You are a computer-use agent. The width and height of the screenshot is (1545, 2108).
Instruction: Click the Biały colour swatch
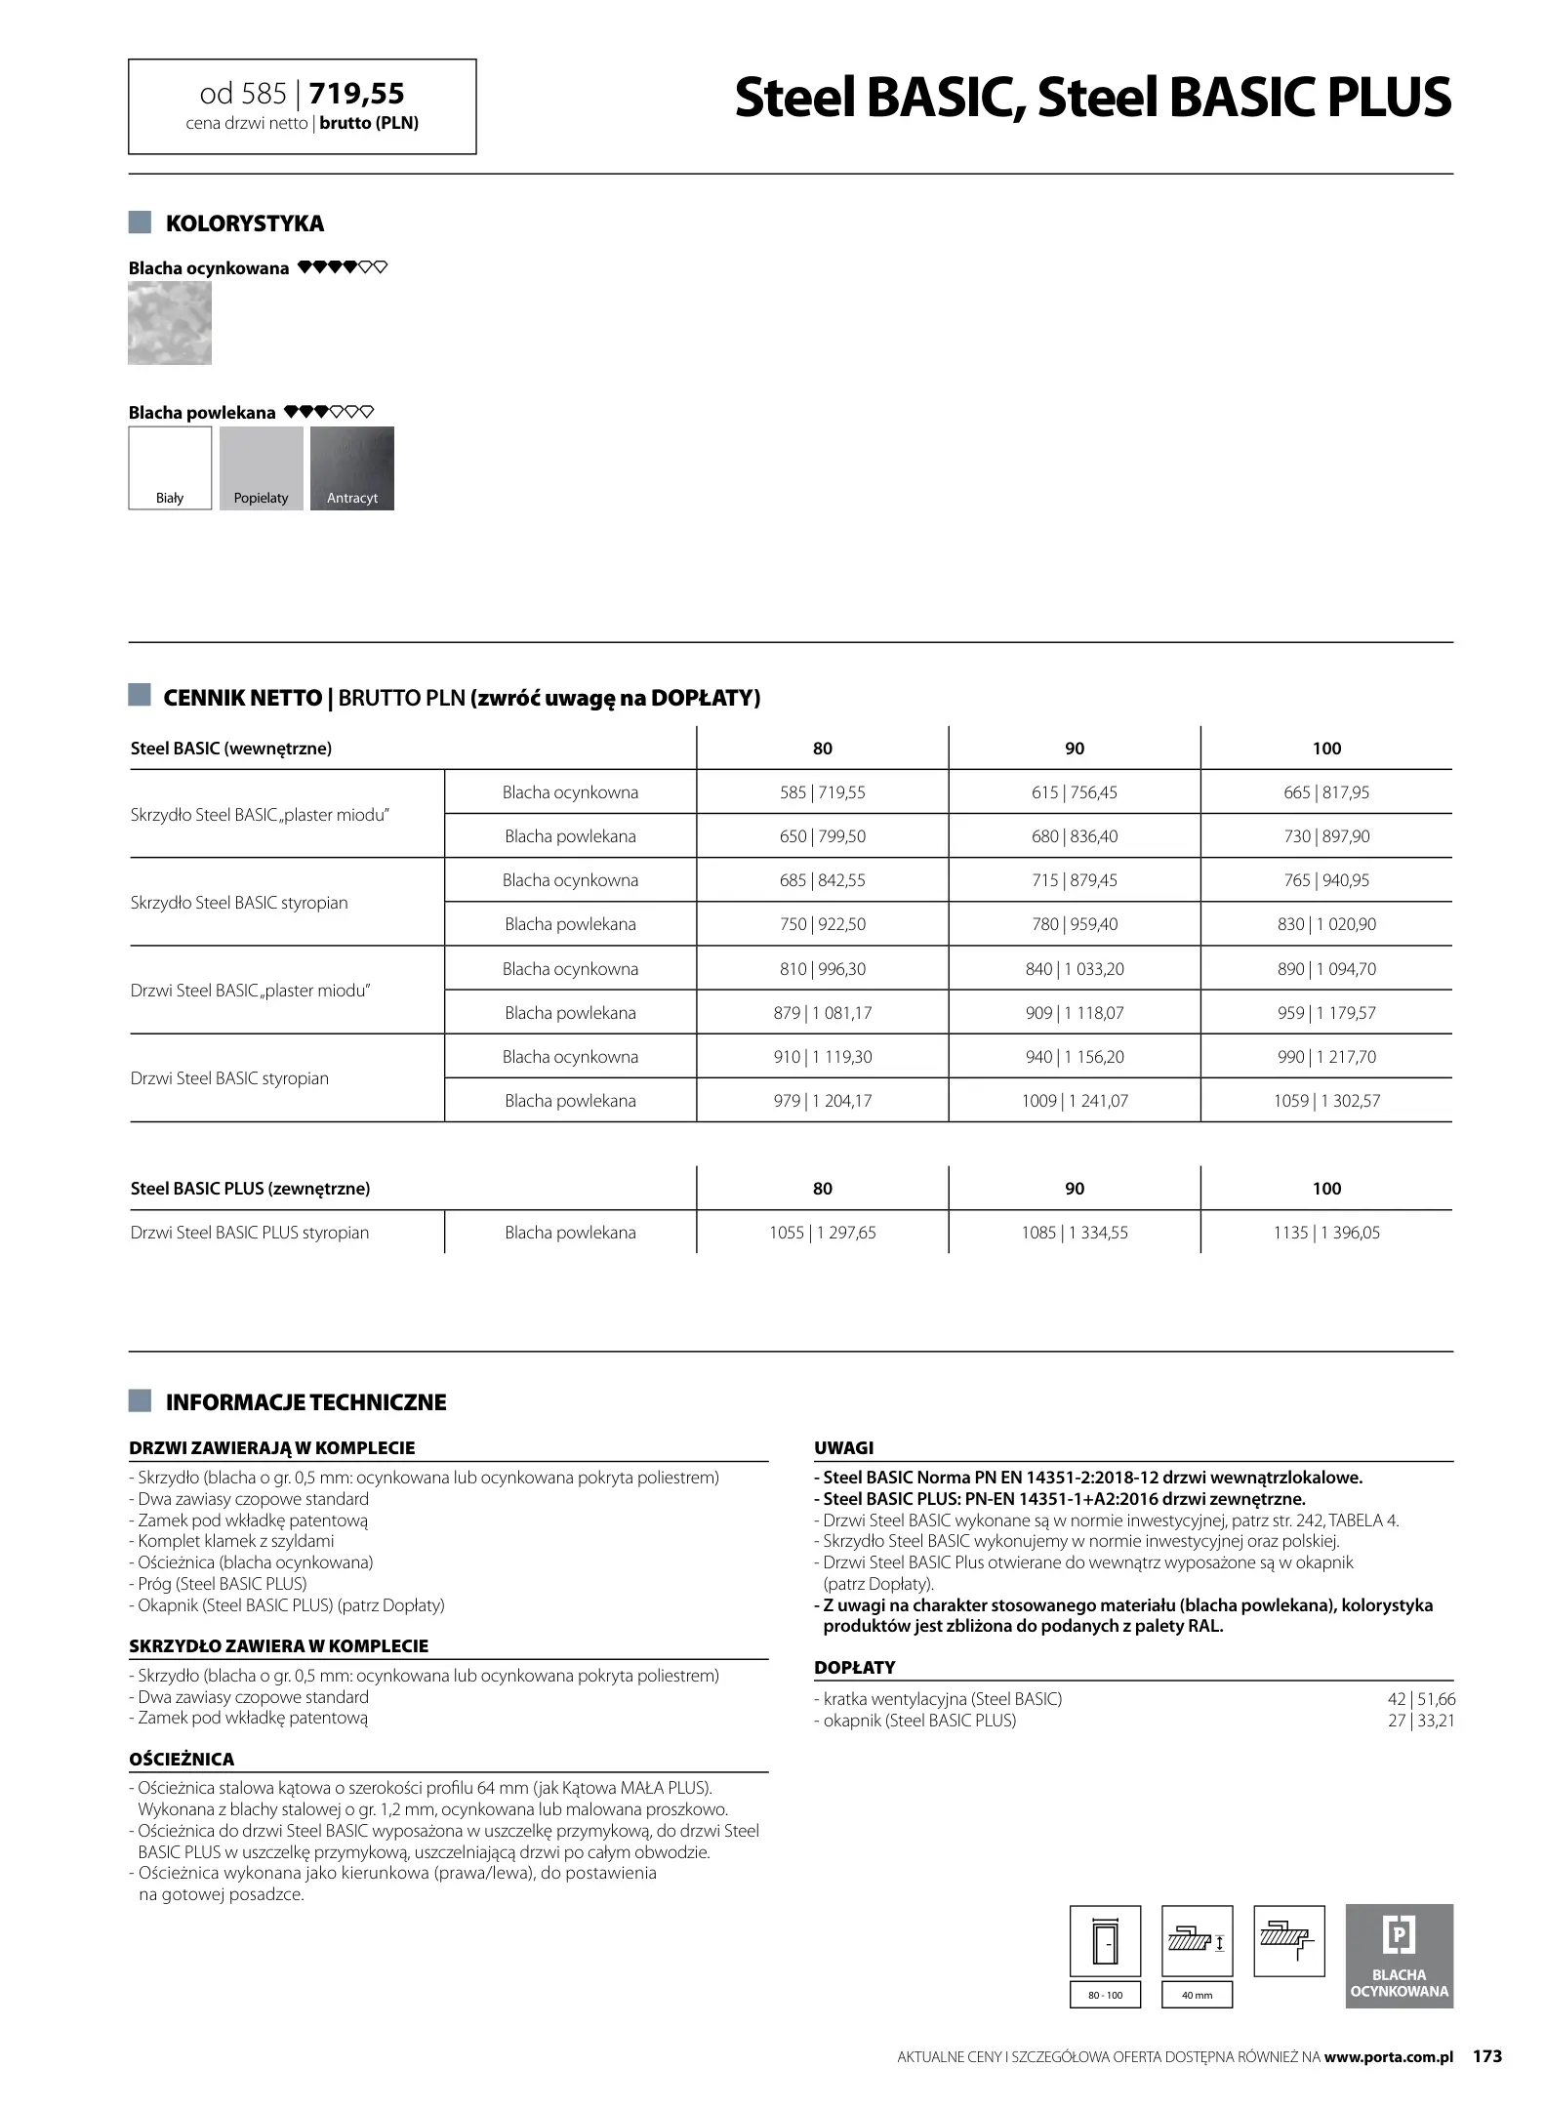[170, 468]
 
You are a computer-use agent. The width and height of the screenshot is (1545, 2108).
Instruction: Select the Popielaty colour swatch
[262, 468]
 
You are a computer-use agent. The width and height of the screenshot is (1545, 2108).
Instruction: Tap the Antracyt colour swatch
[352, 468]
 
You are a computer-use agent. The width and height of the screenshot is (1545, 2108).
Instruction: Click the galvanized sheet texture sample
[170, 323]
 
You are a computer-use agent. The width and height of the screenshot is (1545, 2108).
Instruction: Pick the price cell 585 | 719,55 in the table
[823, 792]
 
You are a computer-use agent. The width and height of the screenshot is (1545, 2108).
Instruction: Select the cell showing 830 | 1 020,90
[1326, 924]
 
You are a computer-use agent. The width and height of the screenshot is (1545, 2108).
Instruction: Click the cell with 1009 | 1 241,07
[1075, 1101]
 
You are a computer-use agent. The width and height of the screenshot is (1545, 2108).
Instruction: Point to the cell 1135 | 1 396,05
[1326, 1233]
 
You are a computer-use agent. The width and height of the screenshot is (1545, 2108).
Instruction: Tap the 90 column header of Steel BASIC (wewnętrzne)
[1075, 749]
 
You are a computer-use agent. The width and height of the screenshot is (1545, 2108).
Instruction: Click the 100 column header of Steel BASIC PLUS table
[1326, 1189]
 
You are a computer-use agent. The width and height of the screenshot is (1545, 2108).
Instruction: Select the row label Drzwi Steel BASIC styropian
[230, 1078]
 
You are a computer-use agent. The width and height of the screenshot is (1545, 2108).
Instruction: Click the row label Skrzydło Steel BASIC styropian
[239, 903]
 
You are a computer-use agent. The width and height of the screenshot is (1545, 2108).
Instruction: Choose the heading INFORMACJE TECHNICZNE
[305, 1402]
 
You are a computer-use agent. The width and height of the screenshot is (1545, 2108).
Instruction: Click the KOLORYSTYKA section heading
[245, 223]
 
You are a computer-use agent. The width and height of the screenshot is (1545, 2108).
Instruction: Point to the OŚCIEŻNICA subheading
[182, 1760]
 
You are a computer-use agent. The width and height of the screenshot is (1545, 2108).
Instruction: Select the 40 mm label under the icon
[1197, 1995]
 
